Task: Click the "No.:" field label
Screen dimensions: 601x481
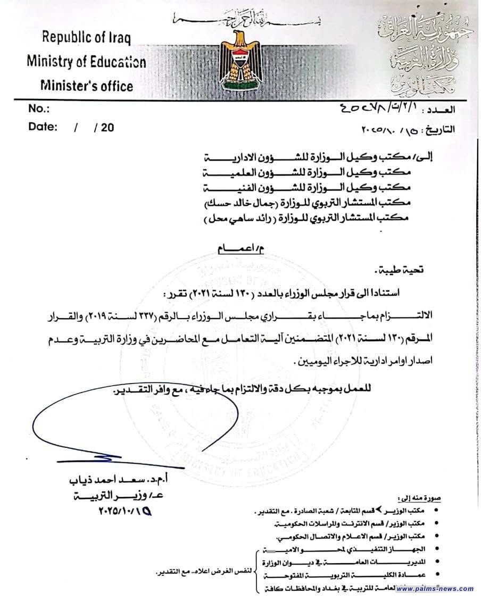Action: pyautogui.click(x=38, y=109)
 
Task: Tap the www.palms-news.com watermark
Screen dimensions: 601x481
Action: pyautogui.click(x=435, y=588)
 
